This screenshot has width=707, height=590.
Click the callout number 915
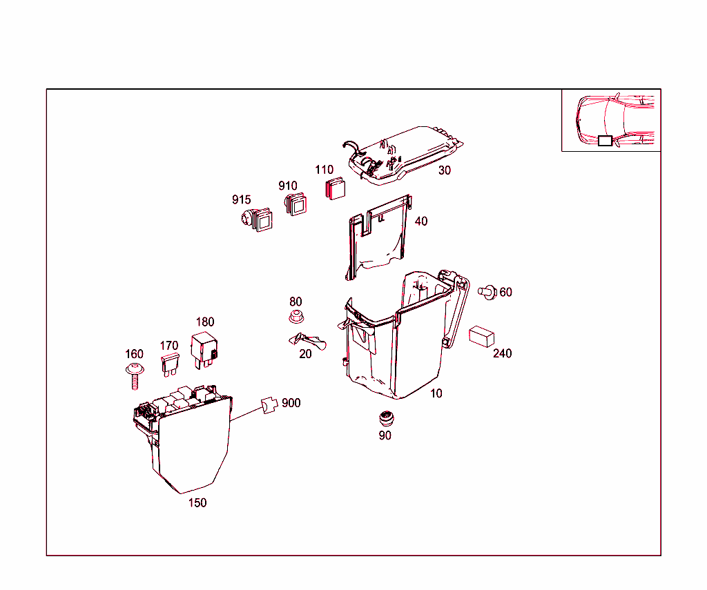[241, 200]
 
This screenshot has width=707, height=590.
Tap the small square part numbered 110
[336, 189]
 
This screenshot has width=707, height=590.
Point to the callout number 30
[445, 170]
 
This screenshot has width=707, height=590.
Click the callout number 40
[420, 222]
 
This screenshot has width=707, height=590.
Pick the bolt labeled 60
[488, 292]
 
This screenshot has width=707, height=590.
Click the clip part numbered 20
[307, 340]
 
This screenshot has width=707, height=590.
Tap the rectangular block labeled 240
[481, 336]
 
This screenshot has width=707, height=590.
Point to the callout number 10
[436, 393]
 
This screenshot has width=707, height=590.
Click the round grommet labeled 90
[385, 419]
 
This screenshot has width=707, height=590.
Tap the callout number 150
[197, 503]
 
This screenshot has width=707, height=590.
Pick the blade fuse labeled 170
[169, 364]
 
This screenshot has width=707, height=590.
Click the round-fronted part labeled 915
[253, 220]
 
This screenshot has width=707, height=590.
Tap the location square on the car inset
[605, 141]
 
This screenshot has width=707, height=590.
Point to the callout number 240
[503, 353]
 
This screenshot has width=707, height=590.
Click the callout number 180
[205, 322]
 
